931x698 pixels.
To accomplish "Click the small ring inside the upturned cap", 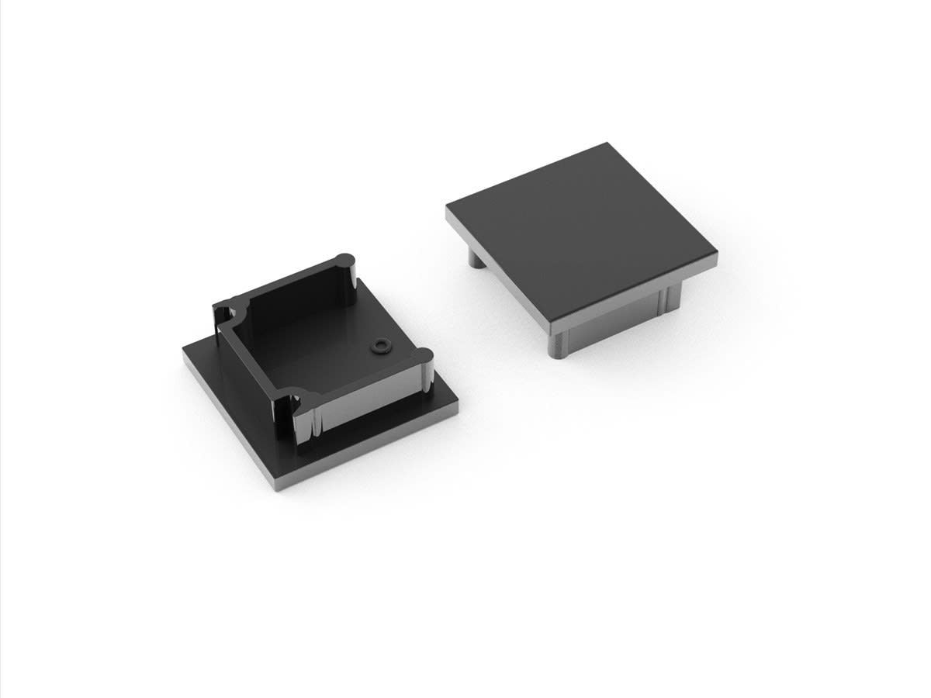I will (x=380, y=345).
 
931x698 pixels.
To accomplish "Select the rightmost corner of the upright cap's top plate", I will (x=715, y=252).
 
